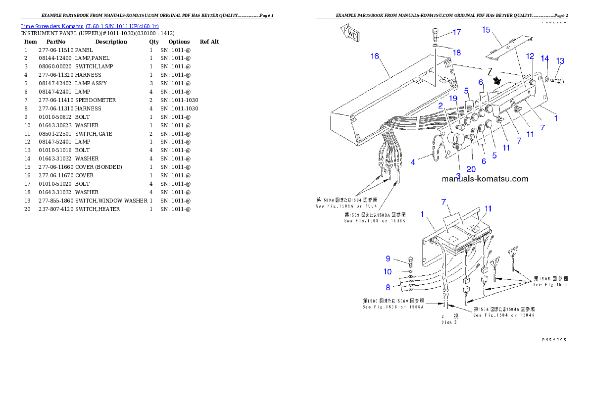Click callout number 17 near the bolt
[456, 33]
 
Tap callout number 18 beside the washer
[456, 52]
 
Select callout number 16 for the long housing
[375, 56]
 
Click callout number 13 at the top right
[560, 61]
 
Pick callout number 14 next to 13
[545, 58]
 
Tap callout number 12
[530, 56]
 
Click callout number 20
[471, 169]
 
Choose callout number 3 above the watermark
[458, 176]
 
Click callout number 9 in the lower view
[388, 258]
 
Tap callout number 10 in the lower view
[388, 271]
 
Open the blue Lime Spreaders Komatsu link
[90, 26]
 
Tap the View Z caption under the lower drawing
[449, 322]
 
